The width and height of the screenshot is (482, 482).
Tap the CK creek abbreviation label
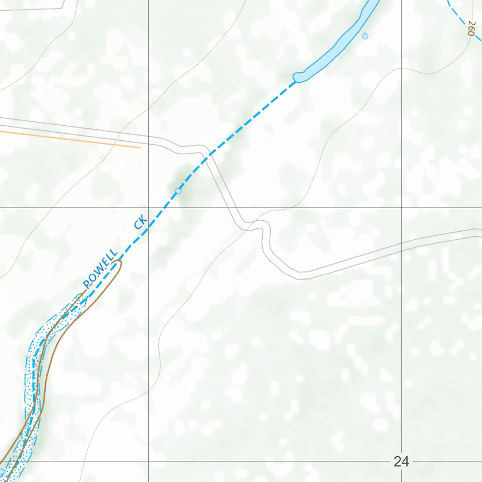141,222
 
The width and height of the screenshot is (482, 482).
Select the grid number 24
401,462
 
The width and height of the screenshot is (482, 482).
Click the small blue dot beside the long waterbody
365,36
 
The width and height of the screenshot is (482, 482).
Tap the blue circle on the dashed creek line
178,191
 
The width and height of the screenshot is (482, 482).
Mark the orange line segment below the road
71,139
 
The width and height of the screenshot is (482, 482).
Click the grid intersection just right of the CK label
148,208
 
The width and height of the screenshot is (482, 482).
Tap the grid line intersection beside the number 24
402,461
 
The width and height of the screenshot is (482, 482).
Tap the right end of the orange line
140,147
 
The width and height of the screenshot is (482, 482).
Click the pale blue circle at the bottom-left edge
1,471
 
